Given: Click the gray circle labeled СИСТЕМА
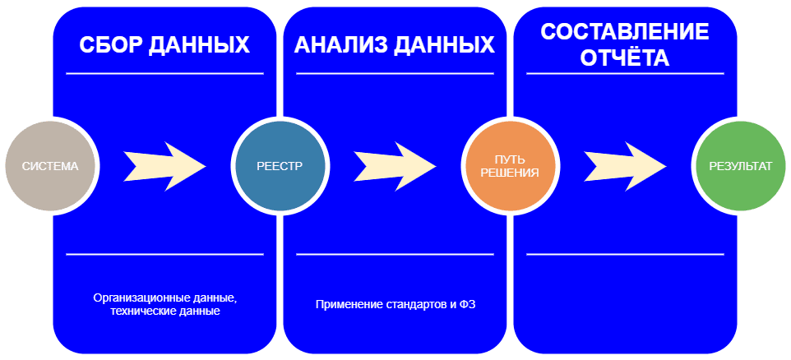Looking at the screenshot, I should [x=49, y=166].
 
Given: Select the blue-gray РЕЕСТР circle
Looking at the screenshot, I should [x=280, y=166].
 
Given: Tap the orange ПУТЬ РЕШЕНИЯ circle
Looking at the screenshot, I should [x=511, y=166].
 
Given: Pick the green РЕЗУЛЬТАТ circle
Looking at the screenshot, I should [x=741, y=166].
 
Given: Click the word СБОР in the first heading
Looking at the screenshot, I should [x=110, y=45].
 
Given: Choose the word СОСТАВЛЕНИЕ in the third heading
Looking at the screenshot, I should [x=626, y=32].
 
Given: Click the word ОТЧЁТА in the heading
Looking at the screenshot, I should [x=625, y=58].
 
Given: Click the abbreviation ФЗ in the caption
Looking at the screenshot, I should [x=469, y=305].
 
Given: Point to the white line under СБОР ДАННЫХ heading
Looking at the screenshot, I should [x=164, y=74].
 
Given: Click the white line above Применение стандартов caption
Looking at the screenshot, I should [x=395, y=255].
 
